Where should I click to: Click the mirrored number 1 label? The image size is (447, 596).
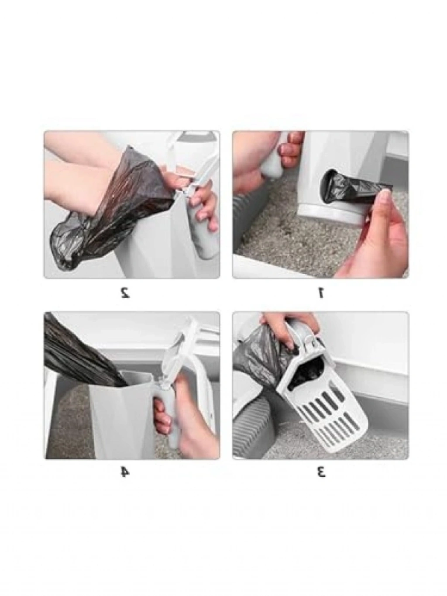320,293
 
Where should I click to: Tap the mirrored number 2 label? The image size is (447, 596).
125,293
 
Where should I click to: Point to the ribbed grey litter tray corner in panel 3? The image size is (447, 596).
252,429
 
